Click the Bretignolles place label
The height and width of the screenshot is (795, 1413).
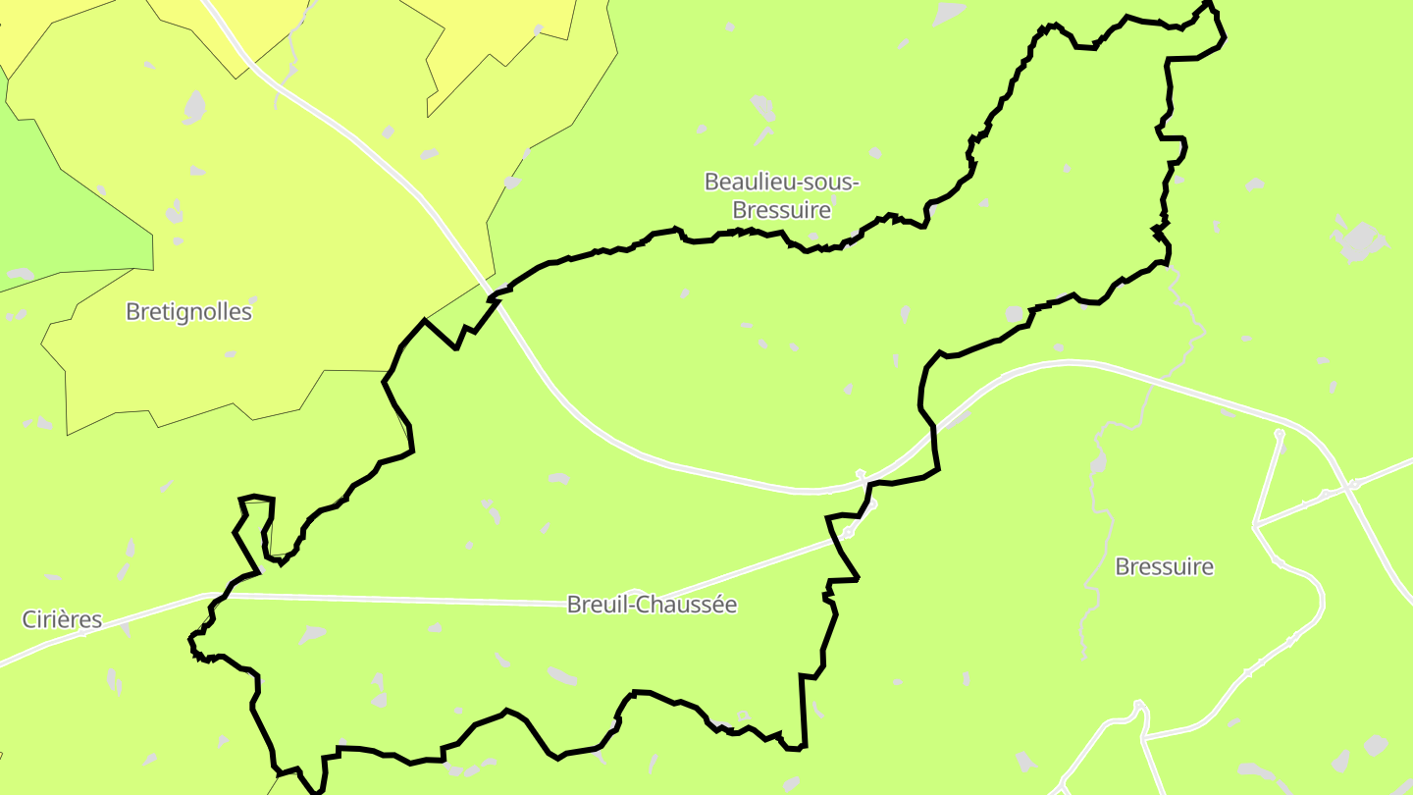pos(188,312)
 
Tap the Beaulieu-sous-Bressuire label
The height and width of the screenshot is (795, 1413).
pos(782,195)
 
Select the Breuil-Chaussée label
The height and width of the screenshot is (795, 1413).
pos(652,605)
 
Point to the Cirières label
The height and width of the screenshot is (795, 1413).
pos(62,619)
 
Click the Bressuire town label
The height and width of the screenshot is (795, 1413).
pos(1164,566)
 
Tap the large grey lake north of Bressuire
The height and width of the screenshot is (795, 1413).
pos(1359,241)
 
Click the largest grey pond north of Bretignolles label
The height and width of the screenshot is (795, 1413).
pos(194,106)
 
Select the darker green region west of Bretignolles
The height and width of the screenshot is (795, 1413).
pos(59,206)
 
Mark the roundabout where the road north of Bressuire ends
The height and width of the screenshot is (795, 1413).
pos(1279,433)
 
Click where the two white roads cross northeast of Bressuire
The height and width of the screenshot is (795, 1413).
pos(1354,483)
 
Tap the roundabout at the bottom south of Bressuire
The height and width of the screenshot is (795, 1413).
pos(1138,705)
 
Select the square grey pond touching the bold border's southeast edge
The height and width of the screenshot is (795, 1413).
pos(1015,313)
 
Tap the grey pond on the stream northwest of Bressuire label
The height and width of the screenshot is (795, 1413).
pos(1098,462)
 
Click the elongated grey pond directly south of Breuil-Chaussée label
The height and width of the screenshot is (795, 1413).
pos(562,675)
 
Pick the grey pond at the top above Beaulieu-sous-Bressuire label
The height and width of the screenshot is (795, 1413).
pos(761,105)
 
